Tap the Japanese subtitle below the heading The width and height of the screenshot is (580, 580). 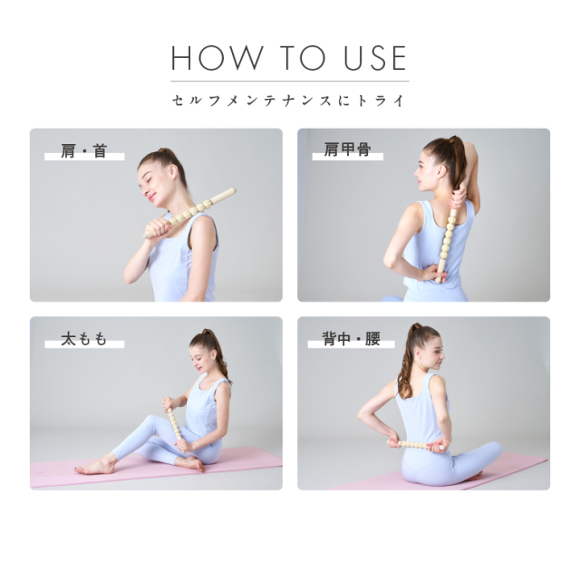click(x=289, y=100)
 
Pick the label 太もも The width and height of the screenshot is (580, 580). click(x=83, y=340)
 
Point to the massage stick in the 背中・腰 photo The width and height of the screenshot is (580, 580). click(x=420, y=444)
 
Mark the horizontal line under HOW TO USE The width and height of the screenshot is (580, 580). click(x=289, y=82)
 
